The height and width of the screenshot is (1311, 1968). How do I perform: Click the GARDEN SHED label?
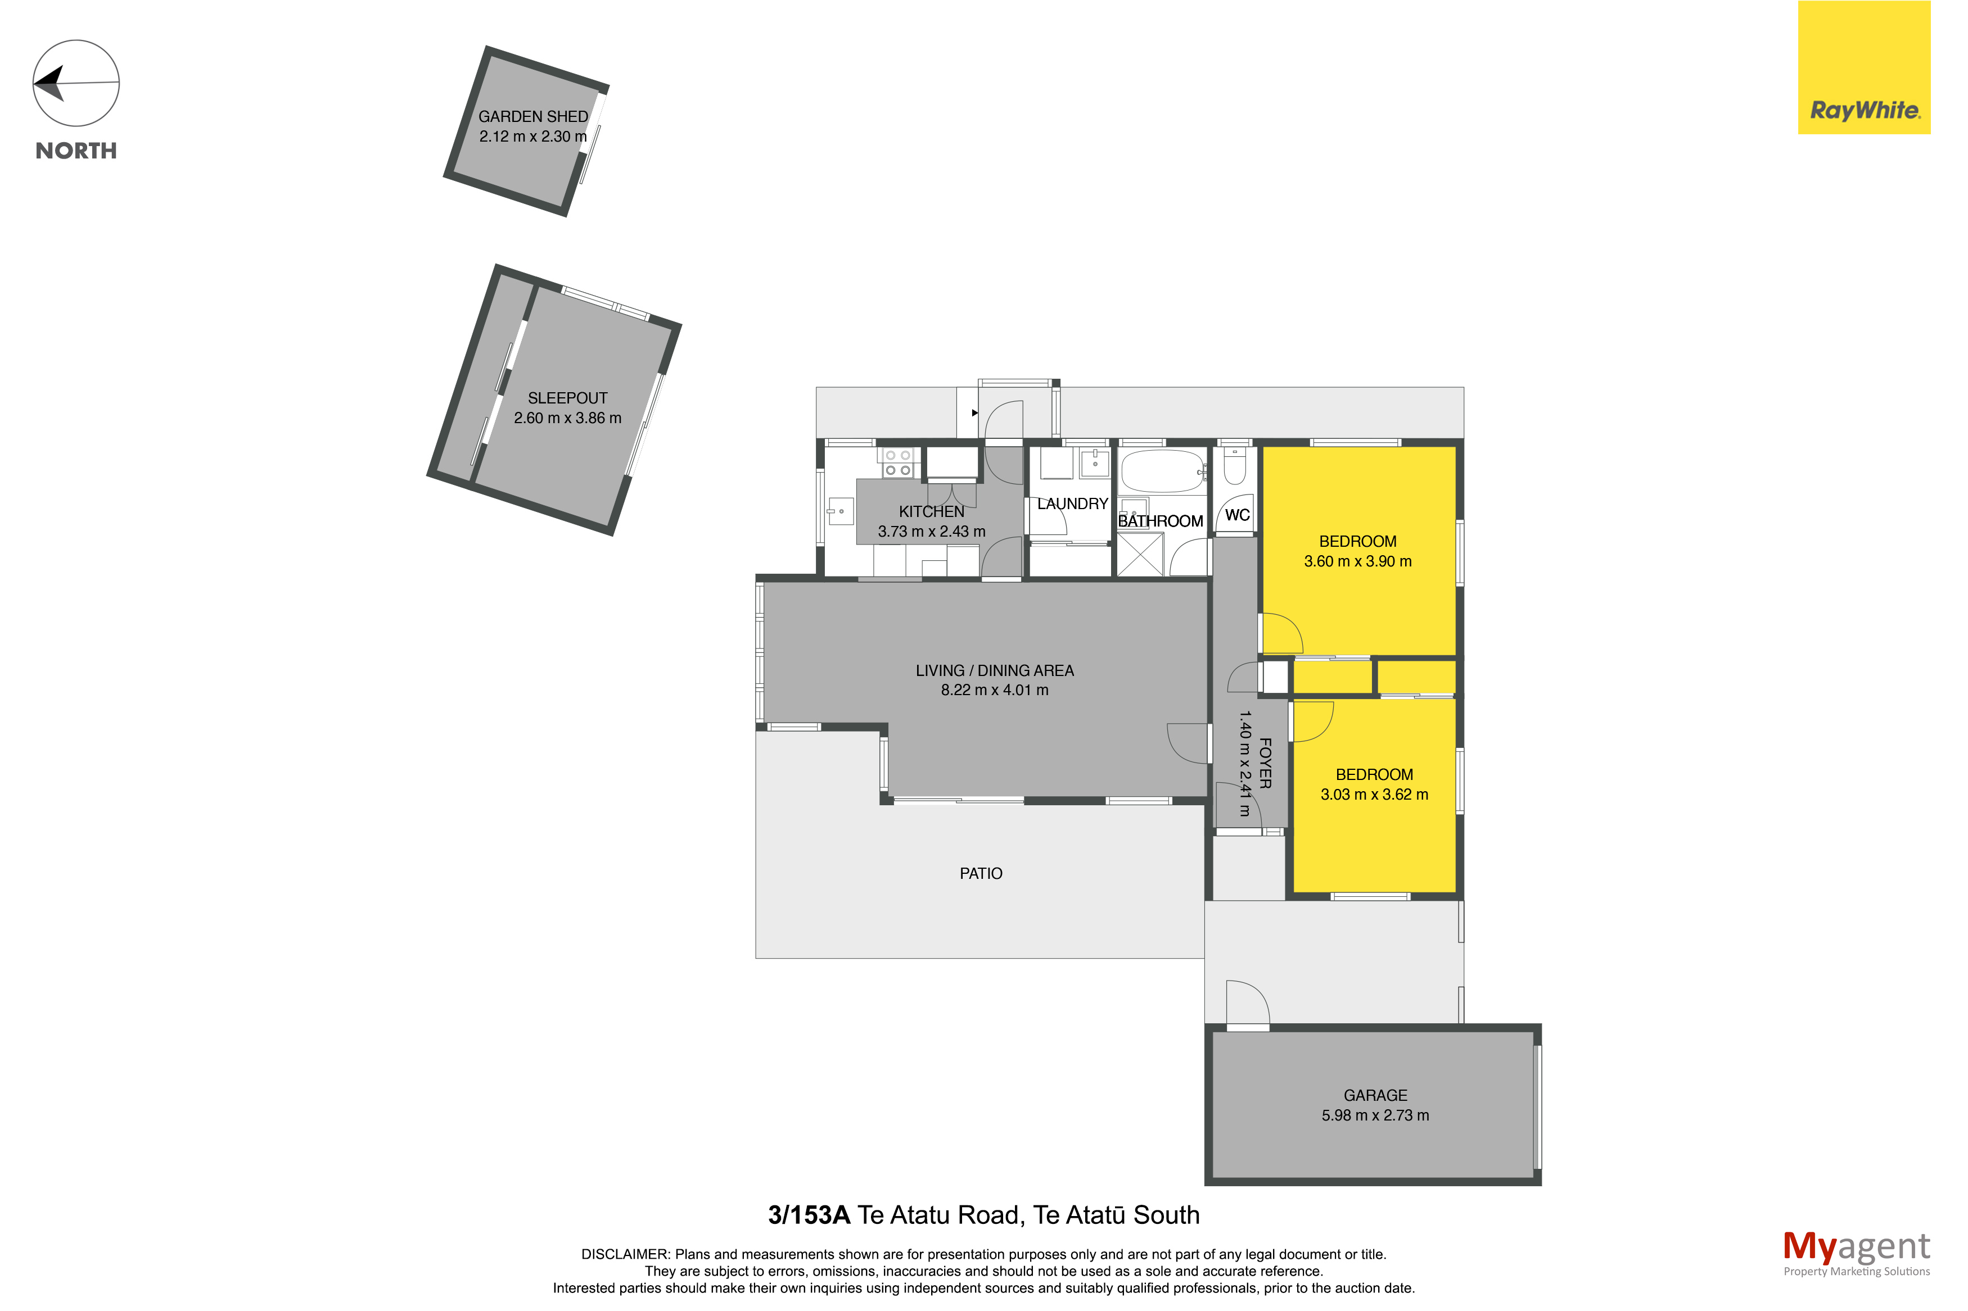click(x=533, y=117)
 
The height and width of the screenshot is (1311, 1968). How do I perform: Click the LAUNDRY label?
click(x=1072, y=504)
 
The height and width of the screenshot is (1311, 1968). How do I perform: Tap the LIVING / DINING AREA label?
click(x=995, y=670)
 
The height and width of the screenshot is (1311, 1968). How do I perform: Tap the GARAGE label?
click(x=1375, y=1095)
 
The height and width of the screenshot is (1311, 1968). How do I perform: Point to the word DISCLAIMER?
click(x=625, y=1254)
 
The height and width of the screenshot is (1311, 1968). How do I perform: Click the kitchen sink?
click(x=839, y=511)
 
